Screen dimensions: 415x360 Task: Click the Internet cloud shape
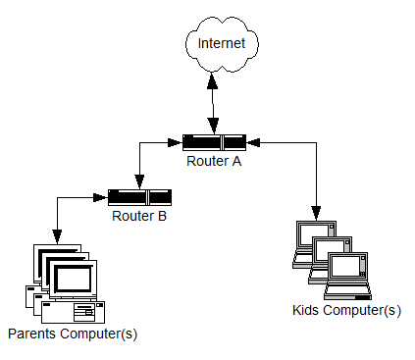[x=222, y=44]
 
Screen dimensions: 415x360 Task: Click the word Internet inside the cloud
[x=222, y=43]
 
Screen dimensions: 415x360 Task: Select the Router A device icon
[x=214, y=142]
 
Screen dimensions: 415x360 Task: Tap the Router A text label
[x=214, y=161]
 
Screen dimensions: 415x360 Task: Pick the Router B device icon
[x=139, y=197]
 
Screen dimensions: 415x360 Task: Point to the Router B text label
[x=139, y=216]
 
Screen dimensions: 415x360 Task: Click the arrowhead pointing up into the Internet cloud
[x=212, y=80]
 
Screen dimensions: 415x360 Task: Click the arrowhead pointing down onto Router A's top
[x=214, y=126]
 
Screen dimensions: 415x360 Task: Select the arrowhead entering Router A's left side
[x=175, y=142]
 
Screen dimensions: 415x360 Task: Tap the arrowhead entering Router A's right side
[x=253, y=142]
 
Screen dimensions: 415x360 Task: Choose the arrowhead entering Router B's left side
[x=100, y=197]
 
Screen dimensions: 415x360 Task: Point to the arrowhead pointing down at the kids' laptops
[x=316, y=213]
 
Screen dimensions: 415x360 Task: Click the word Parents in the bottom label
[x=31, y=334]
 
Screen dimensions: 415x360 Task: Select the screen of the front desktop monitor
[x=74, y=279]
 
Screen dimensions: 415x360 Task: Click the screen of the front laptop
[x=345, y=266]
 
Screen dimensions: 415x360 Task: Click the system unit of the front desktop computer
[x=74, y=312]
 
